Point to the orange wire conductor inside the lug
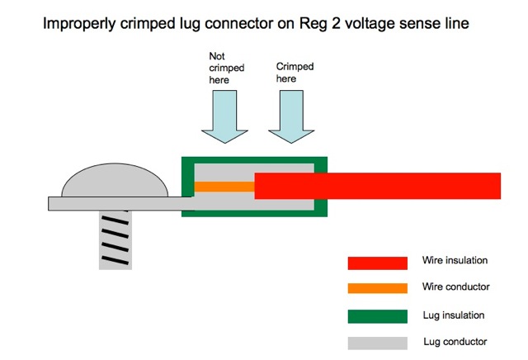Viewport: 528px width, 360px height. (x=224, y=187)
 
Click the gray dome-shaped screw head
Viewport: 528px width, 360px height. (x=114, y=181)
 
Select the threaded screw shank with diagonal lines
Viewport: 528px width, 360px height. (x=115, y=239)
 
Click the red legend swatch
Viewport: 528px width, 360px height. (x=377, y=263)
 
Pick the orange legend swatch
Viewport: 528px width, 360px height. (x=377, y=288)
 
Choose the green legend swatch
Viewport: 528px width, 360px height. (x=377, y=316)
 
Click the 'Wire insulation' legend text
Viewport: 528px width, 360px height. (x=454, y=261)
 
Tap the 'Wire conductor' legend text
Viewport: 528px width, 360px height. (x=455, y=287)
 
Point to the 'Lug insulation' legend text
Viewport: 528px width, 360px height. (x=453, y=315)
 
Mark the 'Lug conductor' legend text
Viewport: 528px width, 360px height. (x=453, y=341)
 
